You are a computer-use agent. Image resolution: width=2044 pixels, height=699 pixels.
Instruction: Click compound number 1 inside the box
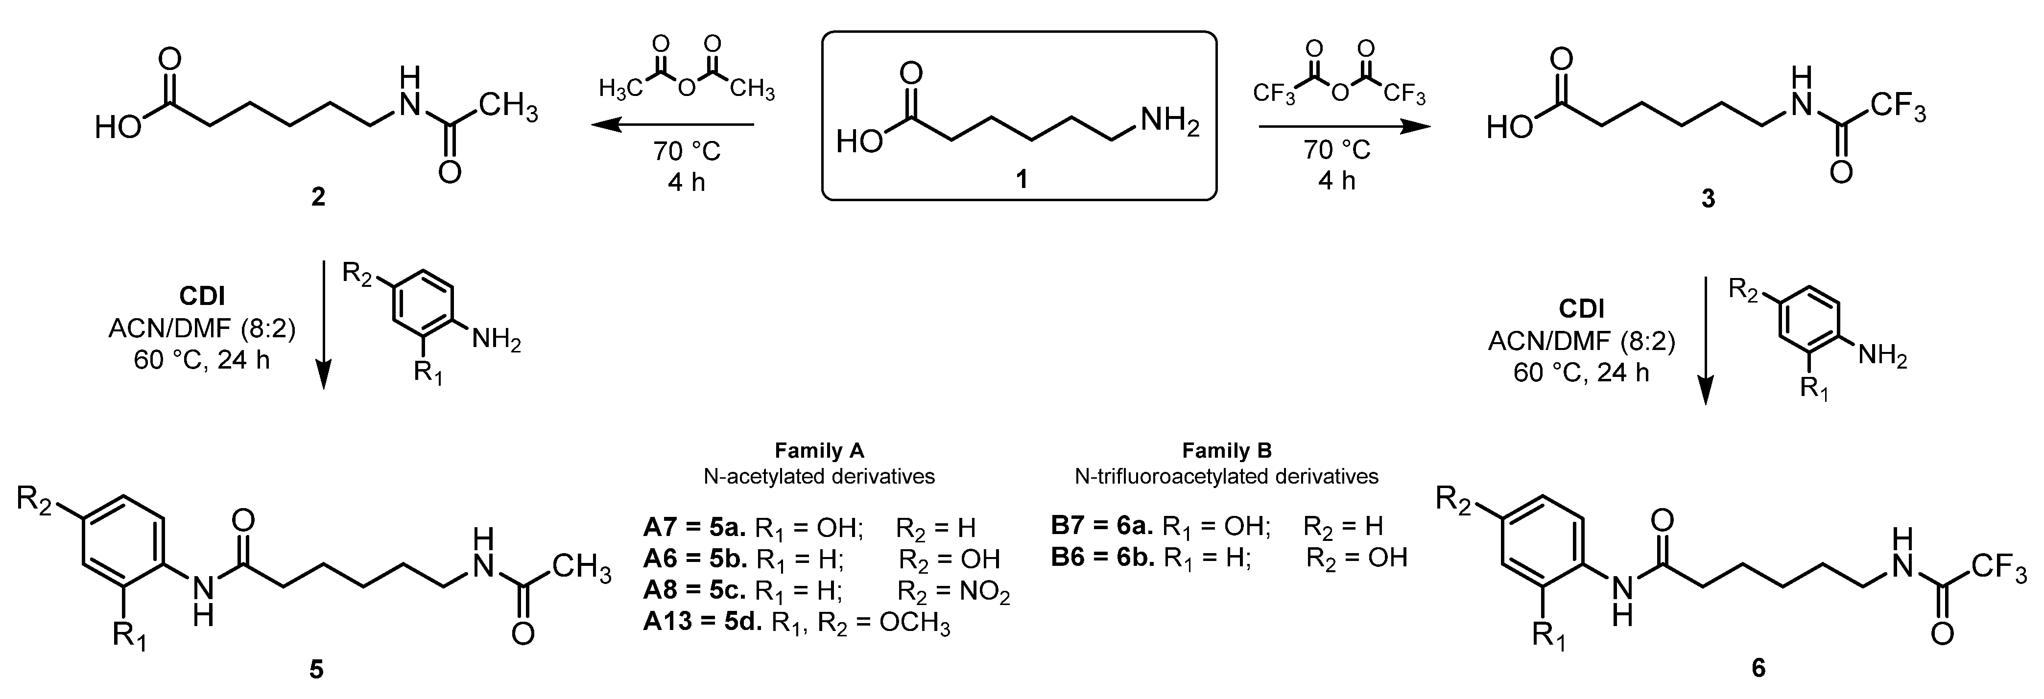(x=1021, y=179)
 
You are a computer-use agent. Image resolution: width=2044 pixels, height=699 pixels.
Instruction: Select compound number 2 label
(x=317, y=196)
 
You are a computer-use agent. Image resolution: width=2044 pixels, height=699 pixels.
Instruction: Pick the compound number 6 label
(x=1759, y=668)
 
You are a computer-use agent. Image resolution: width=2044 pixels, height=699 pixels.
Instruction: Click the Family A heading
(x=819, y=451)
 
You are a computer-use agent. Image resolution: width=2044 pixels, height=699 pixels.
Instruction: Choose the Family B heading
(x=1227, y=451)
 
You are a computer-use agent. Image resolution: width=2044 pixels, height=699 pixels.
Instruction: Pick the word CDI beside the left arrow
(x=202, y=296)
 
